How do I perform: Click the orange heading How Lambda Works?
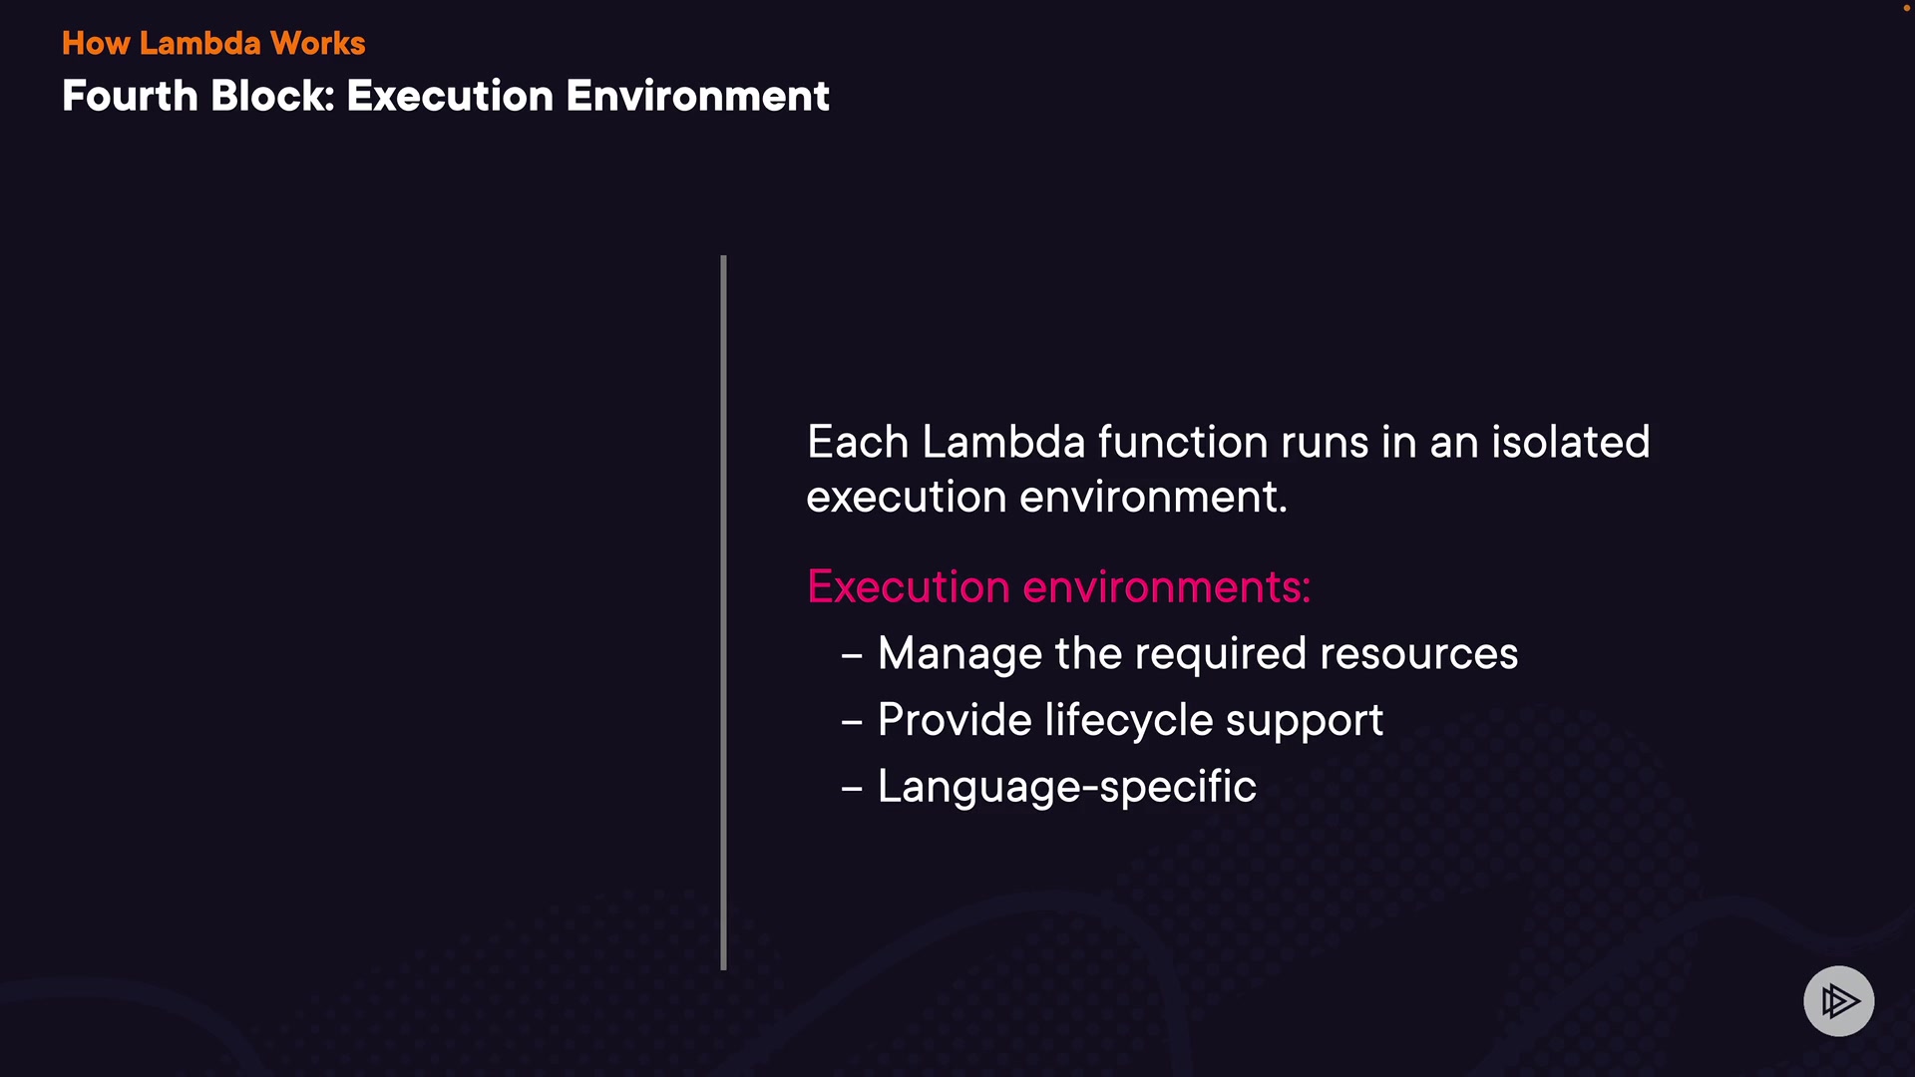tap(213, 43)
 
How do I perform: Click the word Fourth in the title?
tap(130, 96)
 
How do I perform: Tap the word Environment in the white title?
tap(698, 96)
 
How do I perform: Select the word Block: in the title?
tap(272, 96)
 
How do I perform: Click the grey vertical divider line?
tap(723, 612)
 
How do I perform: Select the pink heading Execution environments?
tap(1058, 586)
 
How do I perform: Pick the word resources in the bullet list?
tap(1418, 654)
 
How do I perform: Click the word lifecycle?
tap(1129, 721)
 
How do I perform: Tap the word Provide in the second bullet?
tap(955, 720)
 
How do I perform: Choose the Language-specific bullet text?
tap(1067, 787)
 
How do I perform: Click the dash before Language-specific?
tap(852, 789)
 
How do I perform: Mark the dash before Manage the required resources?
tap(852, 656)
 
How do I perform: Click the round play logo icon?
tap(1838, 1001)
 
